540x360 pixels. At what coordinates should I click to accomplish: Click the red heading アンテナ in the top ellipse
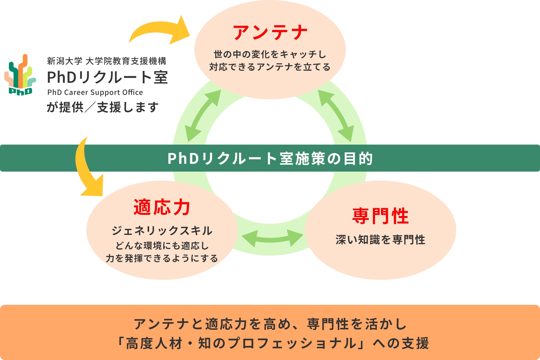(270, 32)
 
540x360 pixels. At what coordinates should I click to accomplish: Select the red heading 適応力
(162, 207)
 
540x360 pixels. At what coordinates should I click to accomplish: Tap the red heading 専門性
(380, 216)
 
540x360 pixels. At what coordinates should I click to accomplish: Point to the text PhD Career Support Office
(95, 92)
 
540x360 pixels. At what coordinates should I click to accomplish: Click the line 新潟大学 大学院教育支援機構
(106, 61)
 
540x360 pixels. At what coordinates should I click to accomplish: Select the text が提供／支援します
(103, 107)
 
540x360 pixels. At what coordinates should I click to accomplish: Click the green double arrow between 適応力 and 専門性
(272, 238)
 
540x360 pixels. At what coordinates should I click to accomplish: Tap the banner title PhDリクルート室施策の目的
(270, 158)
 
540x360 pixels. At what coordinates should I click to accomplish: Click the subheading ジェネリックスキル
(162, 231)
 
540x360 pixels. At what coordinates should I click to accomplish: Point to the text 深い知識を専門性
(380, 240)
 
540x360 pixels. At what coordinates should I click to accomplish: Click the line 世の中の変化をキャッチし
(270, 54)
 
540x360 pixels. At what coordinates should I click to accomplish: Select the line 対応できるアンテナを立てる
(270, 67)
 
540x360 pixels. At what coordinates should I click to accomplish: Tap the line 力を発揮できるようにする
(162, 258)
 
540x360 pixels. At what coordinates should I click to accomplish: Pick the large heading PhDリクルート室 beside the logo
(107, 77)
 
